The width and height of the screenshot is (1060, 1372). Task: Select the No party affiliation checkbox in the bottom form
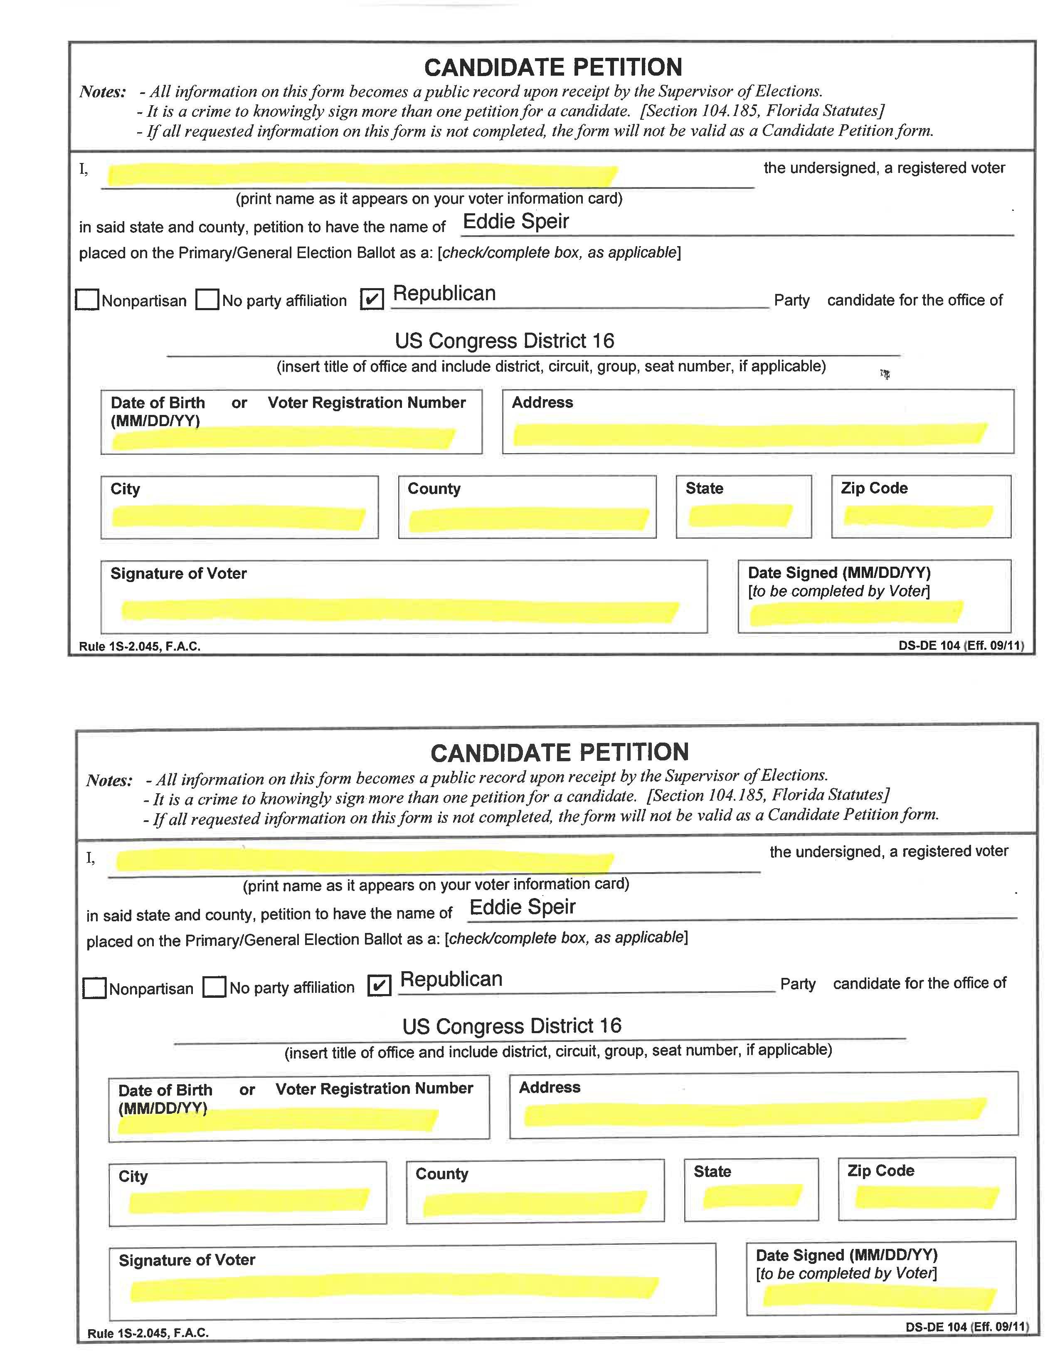[214, 986]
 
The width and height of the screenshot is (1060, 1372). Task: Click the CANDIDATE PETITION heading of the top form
[552, 67]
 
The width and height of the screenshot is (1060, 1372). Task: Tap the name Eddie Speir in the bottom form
[523, 906]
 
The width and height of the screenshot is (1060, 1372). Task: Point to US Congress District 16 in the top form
[504, 341]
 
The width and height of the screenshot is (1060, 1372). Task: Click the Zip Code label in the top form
[874, 488]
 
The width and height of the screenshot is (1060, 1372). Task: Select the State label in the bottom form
[712, 1171]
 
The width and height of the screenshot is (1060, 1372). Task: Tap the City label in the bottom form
[133, 1176]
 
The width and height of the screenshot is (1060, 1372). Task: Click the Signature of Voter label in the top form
[178, 573]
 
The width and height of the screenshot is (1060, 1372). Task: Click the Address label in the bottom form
[550, 1088]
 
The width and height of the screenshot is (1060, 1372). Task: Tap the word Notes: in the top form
[102, 92]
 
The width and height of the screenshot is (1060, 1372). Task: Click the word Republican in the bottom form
[451, 979]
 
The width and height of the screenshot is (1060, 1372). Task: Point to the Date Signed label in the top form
[839, 572]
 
